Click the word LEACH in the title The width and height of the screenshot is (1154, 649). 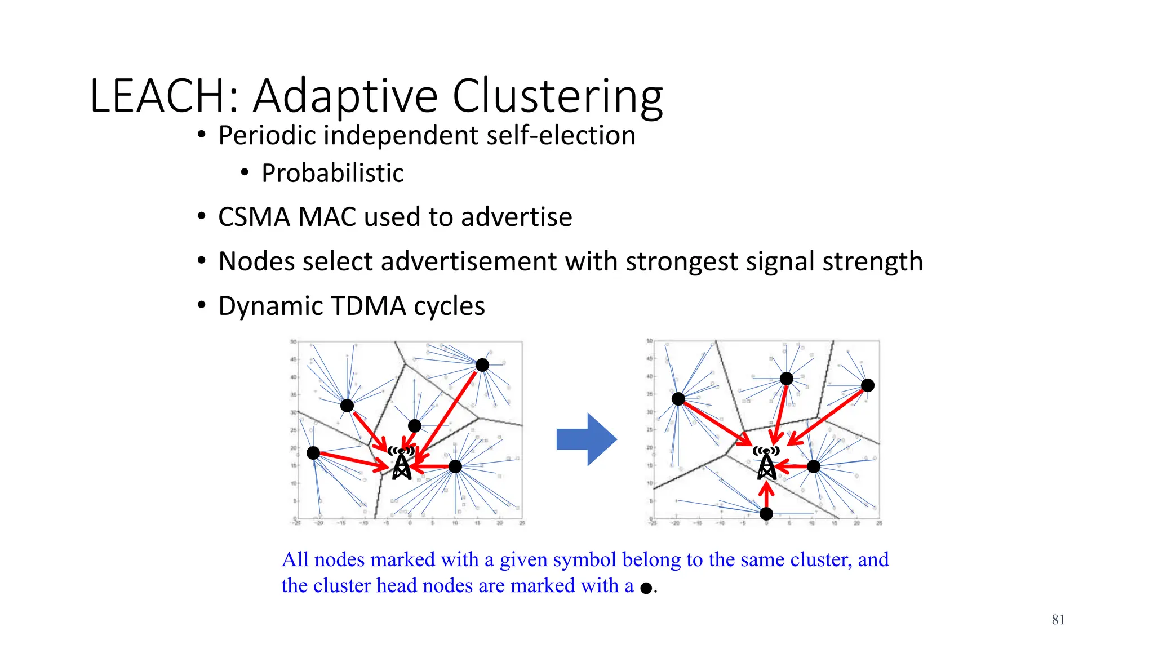158,96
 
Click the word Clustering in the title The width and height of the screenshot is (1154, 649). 557,96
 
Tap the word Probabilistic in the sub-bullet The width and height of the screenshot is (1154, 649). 332,173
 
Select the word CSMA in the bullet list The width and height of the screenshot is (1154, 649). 254,217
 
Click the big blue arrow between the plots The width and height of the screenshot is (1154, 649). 587,439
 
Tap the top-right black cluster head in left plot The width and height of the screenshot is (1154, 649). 482,365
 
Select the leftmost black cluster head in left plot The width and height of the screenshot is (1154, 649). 313,452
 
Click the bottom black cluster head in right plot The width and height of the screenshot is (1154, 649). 766,513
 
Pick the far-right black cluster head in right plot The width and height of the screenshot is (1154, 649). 868,385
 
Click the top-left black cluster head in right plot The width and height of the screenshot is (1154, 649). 678,399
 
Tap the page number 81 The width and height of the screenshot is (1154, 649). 1058,620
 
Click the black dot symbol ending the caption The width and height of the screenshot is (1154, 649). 646,588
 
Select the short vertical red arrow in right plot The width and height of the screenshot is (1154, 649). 766,495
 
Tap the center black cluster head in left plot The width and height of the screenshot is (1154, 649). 415,426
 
